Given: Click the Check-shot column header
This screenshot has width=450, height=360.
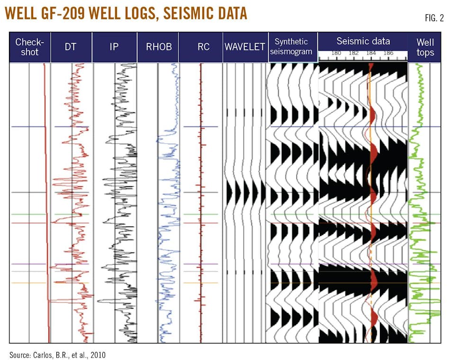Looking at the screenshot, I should (29, 47).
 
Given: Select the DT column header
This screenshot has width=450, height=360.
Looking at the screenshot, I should (71, 47).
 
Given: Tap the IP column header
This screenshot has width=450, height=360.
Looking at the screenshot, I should (114, 47).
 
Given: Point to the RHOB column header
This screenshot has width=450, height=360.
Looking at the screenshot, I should (158, 47).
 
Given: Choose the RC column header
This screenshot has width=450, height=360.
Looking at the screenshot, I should (201, 47).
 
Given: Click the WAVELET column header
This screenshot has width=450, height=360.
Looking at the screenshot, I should (245, 47).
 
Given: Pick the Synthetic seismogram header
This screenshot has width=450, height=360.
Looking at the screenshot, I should (291, 47).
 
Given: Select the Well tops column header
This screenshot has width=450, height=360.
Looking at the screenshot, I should (425, 47).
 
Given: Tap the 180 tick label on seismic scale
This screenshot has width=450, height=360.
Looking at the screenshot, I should (336, 54).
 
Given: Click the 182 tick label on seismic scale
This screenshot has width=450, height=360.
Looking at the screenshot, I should (353, 54).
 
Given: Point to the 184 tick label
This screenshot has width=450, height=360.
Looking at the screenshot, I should (371, 54).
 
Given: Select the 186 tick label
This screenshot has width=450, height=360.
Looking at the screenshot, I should (388, 54).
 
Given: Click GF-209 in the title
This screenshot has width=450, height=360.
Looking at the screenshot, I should (68, 13).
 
